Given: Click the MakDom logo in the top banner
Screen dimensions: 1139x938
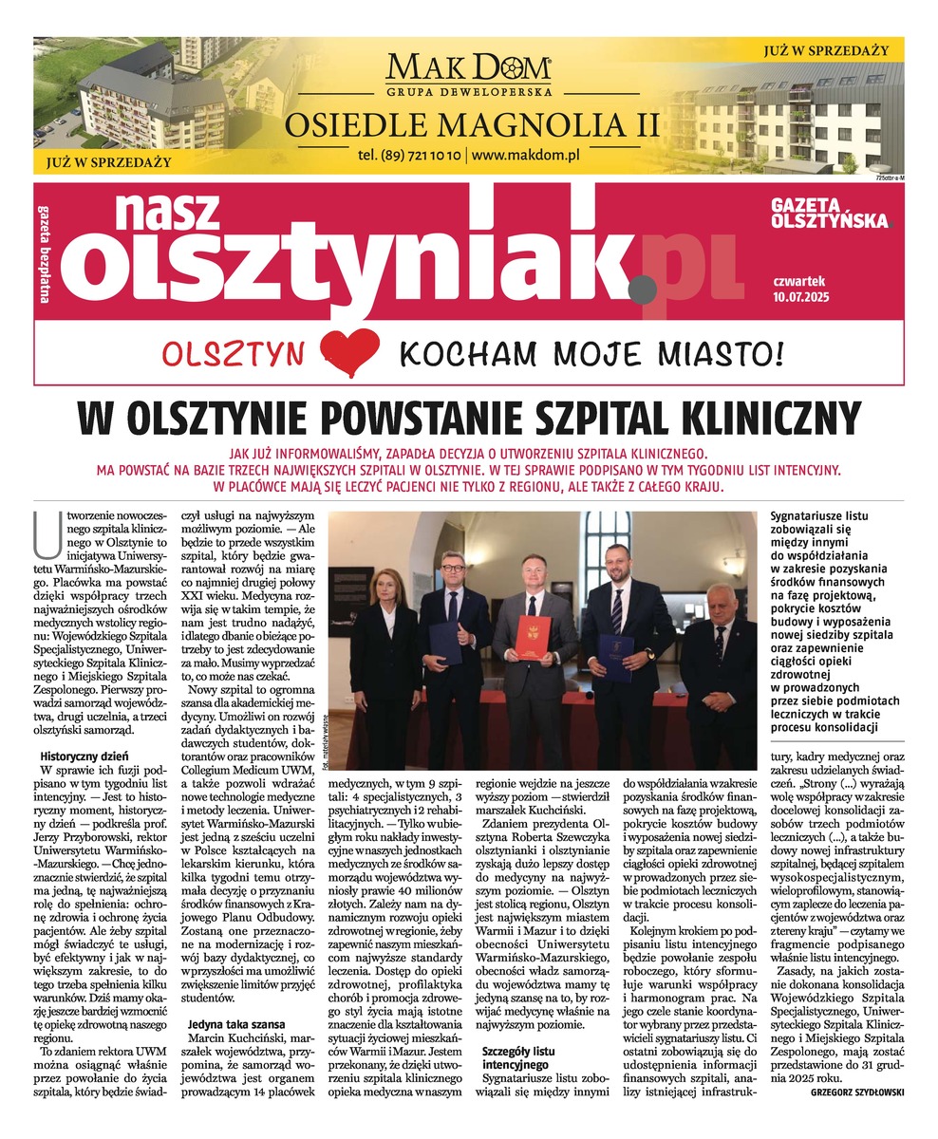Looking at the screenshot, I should (468, 71).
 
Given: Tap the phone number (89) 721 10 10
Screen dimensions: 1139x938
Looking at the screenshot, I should (410, 154).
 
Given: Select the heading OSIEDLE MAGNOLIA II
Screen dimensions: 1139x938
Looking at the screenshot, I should (468, 123).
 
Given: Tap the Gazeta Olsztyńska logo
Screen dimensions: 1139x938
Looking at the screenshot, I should (830, 213).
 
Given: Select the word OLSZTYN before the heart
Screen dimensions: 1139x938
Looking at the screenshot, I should (234, 354).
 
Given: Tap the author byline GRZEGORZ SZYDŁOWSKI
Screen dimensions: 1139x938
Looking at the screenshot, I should (857, 1092).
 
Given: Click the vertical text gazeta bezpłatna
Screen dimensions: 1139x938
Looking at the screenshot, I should (45, 252).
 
